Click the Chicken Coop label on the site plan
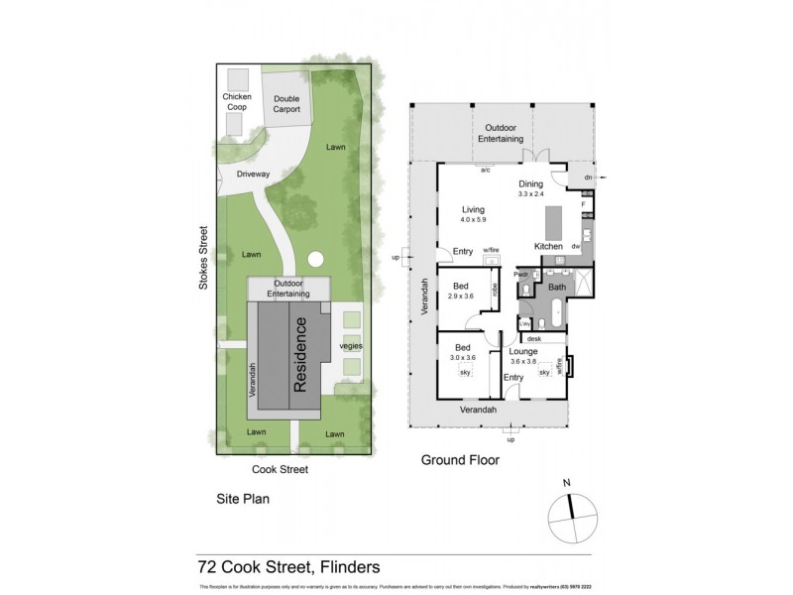click(237, 102)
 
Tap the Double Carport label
click(286, 104)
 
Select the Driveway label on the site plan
click(253, 174)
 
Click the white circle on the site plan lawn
click(315, 260)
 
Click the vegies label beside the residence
click(350, 345)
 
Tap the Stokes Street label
click(204, 262)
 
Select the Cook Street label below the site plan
click(280, 469)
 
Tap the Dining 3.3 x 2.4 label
click(532, 189)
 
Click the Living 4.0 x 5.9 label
click(473, 214)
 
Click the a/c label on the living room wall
click(486, 170)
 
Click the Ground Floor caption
click(460, 460)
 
